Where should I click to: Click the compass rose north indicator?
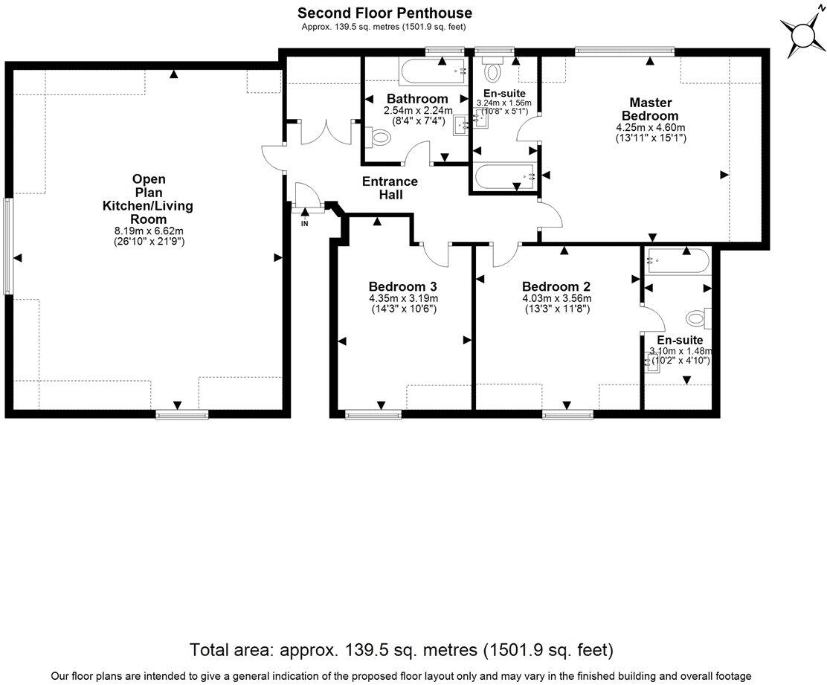[802, 35]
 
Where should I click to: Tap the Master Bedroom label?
[650, 109]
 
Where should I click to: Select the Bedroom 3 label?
[402, 287]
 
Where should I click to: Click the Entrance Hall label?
[390, 187]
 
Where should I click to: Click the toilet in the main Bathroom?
[379, 137]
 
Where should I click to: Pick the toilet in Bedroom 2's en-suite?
[698, 318]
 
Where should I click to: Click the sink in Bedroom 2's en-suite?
[653, 362]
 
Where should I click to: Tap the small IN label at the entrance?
[305, 223]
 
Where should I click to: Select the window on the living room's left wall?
[8, 245]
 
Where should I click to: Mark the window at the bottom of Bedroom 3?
[369, 414]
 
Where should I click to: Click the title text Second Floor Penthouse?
[384, 13]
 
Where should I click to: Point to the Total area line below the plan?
[402, 649]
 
